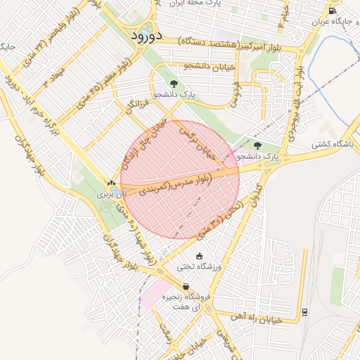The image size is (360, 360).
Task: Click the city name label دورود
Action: (147, 34)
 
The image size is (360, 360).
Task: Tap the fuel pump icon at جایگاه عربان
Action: (332, 11)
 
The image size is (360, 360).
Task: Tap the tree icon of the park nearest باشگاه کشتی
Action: (257, 146)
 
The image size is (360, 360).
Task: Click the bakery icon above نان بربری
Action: (112, 183)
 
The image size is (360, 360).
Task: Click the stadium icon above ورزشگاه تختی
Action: (200, 256)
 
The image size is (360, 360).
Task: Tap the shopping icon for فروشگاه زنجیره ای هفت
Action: (186, 286)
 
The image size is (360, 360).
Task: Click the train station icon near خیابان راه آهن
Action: (304, 311)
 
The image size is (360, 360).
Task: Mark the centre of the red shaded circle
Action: (180, 180)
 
